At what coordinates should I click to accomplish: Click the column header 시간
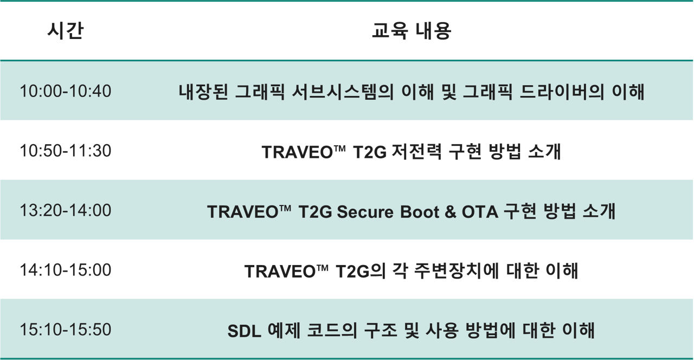click(x=65, y=31)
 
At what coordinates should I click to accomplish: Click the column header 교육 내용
click(x=412, y=31)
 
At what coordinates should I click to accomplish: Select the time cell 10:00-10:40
click(x=66, y=91)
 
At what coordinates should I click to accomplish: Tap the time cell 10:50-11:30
click(x=66, y=151)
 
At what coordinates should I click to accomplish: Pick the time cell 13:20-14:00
click(x=66, y=210)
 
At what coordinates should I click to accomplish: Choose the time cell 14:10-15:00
click(x=66, y=270)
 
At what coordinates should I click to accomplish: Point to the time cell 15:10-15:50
click(x=66, y=330)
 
